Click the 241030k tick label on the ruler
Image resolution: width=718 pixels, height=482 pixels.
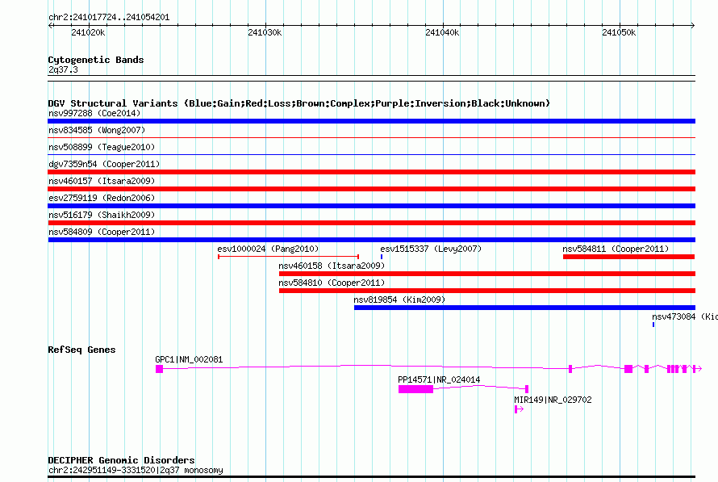click(265, 32)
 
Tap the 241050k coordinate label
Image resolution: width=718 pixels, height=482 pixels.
click(619, 32)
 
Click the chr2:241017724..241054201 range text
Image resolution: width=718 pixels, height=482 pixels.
click(109, 18)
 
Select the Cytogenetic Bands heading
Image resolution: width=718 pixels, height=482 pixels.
click(96, 60)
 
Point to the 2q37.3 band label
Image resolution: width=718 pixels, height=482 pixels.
click(63, 69)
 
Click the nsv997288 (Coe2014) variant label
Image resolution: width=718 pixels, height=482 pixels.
click(94, 113)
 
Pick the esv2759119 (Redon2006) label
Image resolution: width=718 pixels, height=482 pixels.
click(102, 198)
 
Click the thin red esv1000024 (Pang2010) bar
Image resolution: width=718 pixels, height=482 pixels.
click(289, 257)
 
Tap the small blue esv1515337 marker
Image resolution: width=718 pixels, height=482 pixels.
click(382, 257)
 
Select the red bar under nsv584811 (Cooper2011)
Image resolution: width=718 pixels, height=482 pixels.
click(629, 257)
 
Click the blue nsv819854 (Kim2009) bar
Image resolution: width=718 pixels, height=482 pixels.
click(524, 308)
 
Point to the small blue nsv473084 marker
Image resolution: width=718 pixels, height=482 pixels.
click(653, 325)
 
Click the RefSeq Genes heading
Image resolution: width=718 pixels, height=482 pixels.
click(81, 350)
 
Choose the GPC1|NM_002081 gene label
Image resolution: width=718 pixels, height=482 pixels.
click(189, 359)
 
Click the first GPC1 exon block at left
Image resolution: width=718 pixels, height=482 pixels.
click(160, 369)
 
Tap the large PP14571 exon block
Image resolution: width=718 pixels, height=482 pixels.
click(415, 389)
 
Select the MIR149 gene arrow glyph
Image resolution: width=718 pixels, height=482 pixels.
click(519, 409)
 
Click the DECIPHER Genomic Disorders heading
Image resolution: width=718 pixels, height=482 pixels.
click(121, 460)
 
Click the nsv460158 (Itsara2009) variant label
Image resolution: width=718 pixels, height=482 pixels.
click(332, 266)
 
